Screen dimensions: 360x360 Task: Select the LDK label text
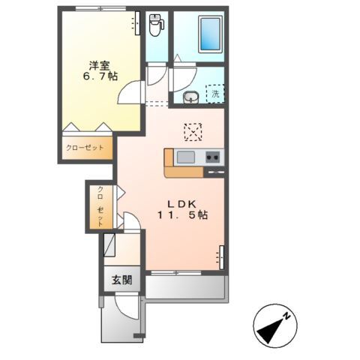pos(181,202)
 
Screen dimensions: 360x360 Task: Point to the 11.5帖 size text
pos(181,215)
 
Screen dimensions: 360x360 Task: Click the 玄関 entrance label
pos(122,280)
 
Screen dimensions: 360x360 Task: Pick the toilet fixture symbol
pos(155,25)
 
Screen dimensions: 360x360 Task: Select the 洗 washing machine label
pos(215,94)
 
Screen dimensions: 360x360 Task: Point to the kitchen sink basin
pos(185,157)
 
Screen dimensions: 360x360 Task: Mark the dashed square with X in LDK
pos(193,131)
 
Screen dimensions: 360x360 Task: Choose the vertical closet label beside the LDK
pos(99,207)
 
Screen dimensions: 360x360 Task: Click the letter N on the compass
pos(286,317)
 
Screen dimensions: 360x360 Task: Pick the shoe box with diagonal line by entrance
pos(110,245)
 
